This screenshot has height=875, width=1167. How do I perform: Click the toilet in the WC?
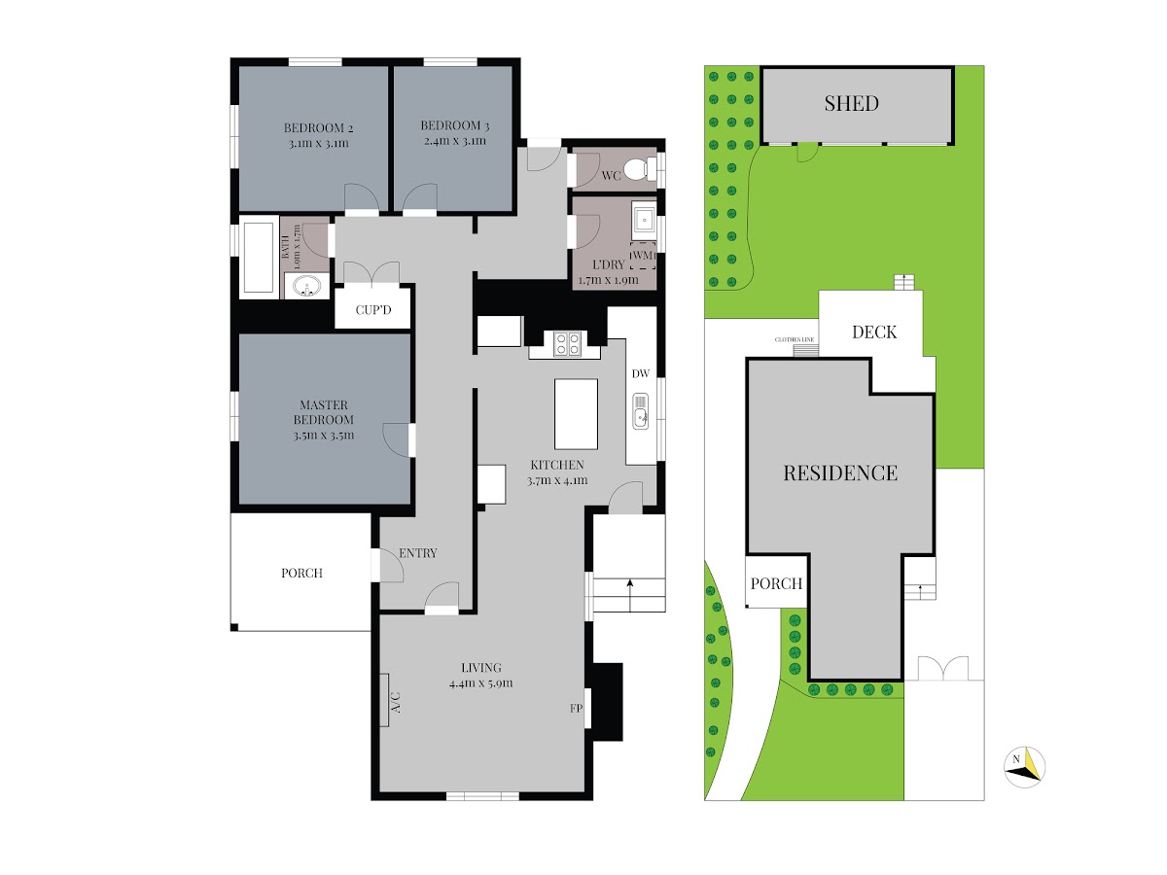(x=636, y=170)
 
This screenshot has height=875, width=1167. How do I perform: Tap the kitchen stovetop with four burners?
(x=567, y=343)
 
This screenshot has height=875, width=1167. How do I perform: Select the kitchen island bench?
(x=576, y=413)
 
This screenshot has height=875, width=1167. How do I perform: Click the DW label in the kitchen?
(x=641, y=373)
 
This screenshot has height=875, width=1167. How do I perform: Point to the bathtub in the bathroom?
(x=259, y=257)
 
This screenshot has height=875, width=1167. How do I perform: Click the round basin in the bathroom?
(x=306, y=287)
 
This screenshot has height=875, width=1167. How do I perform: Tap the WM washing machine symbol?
(x=643, y=256)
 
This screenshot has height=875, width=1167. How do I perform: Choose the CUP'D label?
(x=373, y=310)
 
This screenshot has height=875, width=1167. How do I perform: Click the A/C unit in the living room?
(x=384, y=699)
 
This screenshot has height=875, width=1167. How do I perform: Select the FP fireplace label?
(x=577, y=708)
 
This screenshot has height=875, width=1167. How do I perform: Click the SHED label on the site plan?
(x=851, y=103)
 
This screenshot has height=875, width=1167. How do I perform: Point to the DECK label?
(x=874, y=332)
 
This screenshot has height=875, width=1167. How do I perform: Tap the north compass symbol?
(x=1024, y=767)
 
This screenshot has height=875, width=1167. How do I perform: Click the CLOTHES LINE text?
(x=795, y=339)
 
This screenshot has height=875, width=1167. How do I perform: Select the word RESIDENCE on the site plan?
(x=840, y=472)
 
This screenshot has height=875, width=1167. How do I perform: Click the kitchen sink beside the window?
(x=641, y=411)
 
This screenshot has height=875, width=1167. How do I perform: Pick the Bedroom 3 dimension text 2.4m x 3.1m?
(x=455, y=141)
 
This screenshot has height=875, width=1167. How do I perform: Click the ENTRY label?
(x=418, y=553)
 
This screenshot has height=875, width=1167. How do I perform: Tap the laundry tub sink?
(x=644, y=220)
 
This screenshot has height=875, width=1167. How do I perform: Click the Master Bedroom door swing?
(x=396, y=439)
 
